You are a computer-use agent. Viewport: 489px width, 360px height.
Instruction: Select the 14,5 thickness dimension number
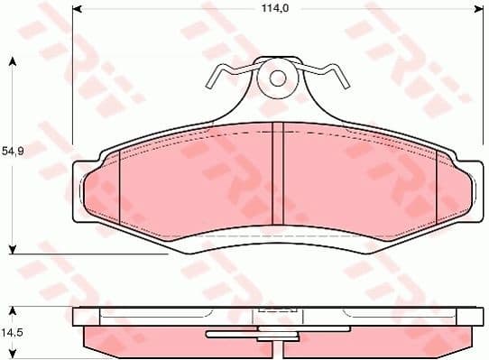[12, 332]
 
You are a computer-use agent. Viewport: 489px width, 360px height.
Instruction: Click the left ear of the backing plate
[79, 191]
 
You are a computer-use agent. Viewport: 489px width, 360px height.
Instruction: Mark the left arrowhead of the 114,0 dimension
[77, 9]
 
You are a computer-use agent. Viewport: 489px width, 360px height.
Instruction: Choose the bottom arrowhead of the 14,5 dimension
[13, 352]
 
